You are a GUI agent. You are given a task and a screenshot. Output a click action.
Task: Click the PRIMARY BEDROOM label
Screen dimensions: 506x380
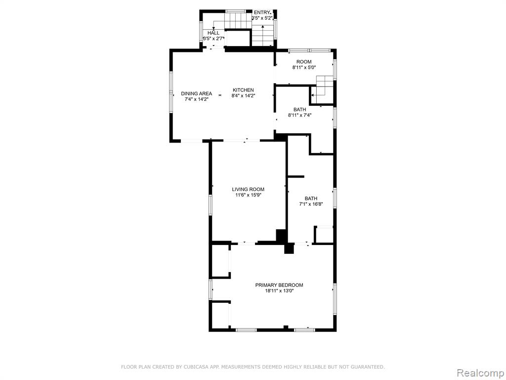[279, 285]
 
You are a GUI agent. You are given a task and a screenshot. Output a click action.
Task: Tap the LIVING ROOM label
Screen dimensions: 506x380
[248, 190]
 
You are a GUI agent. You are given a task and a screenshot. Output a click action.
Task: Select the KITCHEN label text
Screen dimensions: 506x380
[243, 90]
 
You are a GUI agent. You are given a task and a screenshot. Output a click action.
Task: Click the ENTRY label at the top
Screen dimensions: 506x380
[261, 12]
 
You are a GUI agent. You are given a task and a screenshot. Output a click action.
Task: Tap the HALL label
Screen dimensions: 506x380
[213, 33]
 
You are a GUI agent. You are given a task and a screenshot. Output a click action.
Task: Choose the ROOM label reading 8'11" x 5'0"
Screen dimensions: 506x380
[304, 62]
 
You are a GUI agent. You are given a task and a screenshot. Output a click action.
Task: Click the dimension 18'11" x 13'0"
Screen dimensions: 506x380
[279, 291]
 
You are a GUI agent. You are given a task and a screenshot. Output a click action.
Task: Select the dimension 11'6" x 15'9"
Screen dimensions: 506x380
[248, 195]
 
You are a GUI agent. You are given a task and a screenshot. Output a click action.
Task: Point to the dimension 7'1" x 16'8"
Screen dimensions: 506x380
[311, 204]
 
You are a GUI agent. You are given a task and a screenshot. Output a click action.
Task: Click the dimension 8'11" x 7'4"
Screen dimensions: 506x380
[300, 115]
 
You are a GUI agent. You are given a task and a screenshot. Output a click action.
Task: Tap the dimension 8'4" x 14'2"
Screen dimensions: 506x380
[243, 95]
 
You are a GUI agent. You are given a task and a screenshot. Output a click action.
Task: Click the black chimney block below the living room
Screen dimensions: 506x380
[289, 248]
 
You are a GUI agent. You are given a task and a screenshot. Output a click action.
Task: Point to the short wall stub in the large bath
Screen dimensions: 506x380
[296, 177]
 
